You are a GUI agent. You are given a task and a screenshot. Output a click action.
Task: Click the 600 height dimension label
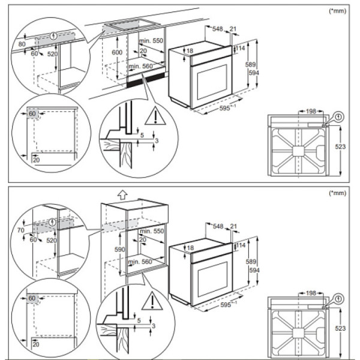tap(117, 52)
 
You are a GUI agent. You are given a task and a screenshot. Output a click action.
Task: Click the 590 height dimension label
tap(120, 250)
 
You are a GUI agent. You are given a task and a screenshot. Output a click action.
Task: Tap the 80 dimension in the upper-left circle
tap(22, 44)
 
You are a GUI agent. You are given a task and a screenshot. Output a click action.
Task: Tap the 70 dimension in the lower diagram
tap(20, 230)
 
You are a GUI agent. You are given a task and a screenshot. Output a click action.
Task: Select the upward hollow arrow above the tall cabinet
tap(122, 195)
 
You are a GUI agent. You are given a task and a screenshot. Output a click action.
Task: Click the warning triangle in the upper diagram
tap(155, 116)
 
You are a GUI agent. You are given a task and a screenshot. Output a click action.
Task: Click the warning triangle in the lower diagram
tap(152, 301)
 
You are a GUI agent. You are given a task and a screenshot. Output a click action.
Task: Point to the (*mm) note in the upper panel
tap(337, 11)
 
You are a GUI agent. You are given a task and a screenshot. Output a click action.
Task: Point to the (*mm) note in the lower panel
tap(337, 193)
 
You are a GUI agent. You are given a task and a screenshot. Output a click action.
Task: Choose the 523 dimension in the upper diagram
tap(340, 146)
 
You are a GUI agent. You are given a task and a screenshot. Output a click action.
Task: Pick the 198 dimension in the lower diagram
tap(311, 293)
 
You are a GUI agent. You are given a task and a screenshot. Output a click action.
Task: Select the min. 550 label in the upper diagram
tap(151, 41)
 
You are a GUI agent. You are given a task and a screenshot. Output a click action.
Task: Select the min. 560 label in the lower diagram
tap(140, 262)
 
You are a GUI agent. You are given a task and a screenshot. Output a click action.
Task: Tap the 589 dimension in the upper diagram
tap(250, 65)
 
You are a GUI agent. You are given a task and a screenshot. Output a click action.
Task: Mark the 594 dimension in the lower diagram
tap(254, 270)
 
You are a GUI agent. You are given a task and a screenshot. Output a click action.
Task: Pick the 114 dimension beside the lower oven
tap(241, 245)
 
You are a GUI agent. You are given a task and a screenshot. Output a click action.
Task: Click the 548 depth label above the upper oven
tap(217, 29)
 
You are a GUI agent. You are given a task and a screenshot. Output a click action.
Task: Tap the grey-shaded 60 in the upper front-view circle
tap(32, 113)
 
